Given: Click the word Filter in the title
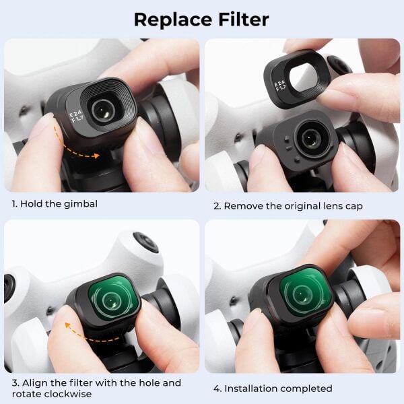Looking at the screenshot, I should tap(239, 19).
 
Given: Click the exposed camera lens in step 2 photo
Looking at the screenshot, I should tap(310, 138).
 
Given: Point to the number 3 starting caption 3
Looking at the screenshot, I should tap(14, 383).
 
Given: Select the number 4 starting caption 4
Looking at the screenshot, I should tap(217, 389).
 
